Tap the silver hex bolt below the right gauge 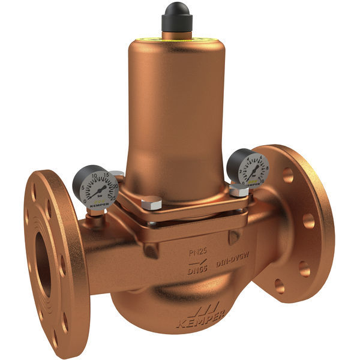click(x=238, y=191)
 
